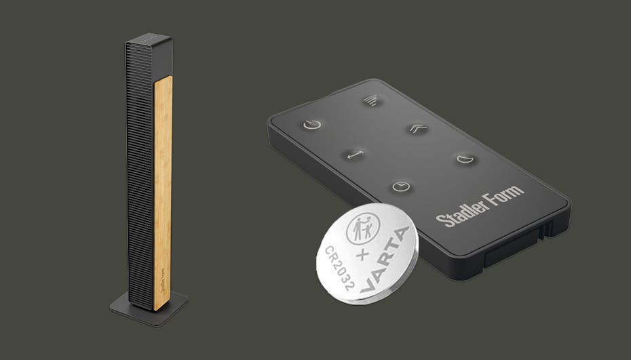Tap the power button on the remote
312,124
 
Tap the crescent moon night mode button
465,159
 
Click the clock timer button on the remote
401,186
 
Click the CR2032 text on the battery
339,268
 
